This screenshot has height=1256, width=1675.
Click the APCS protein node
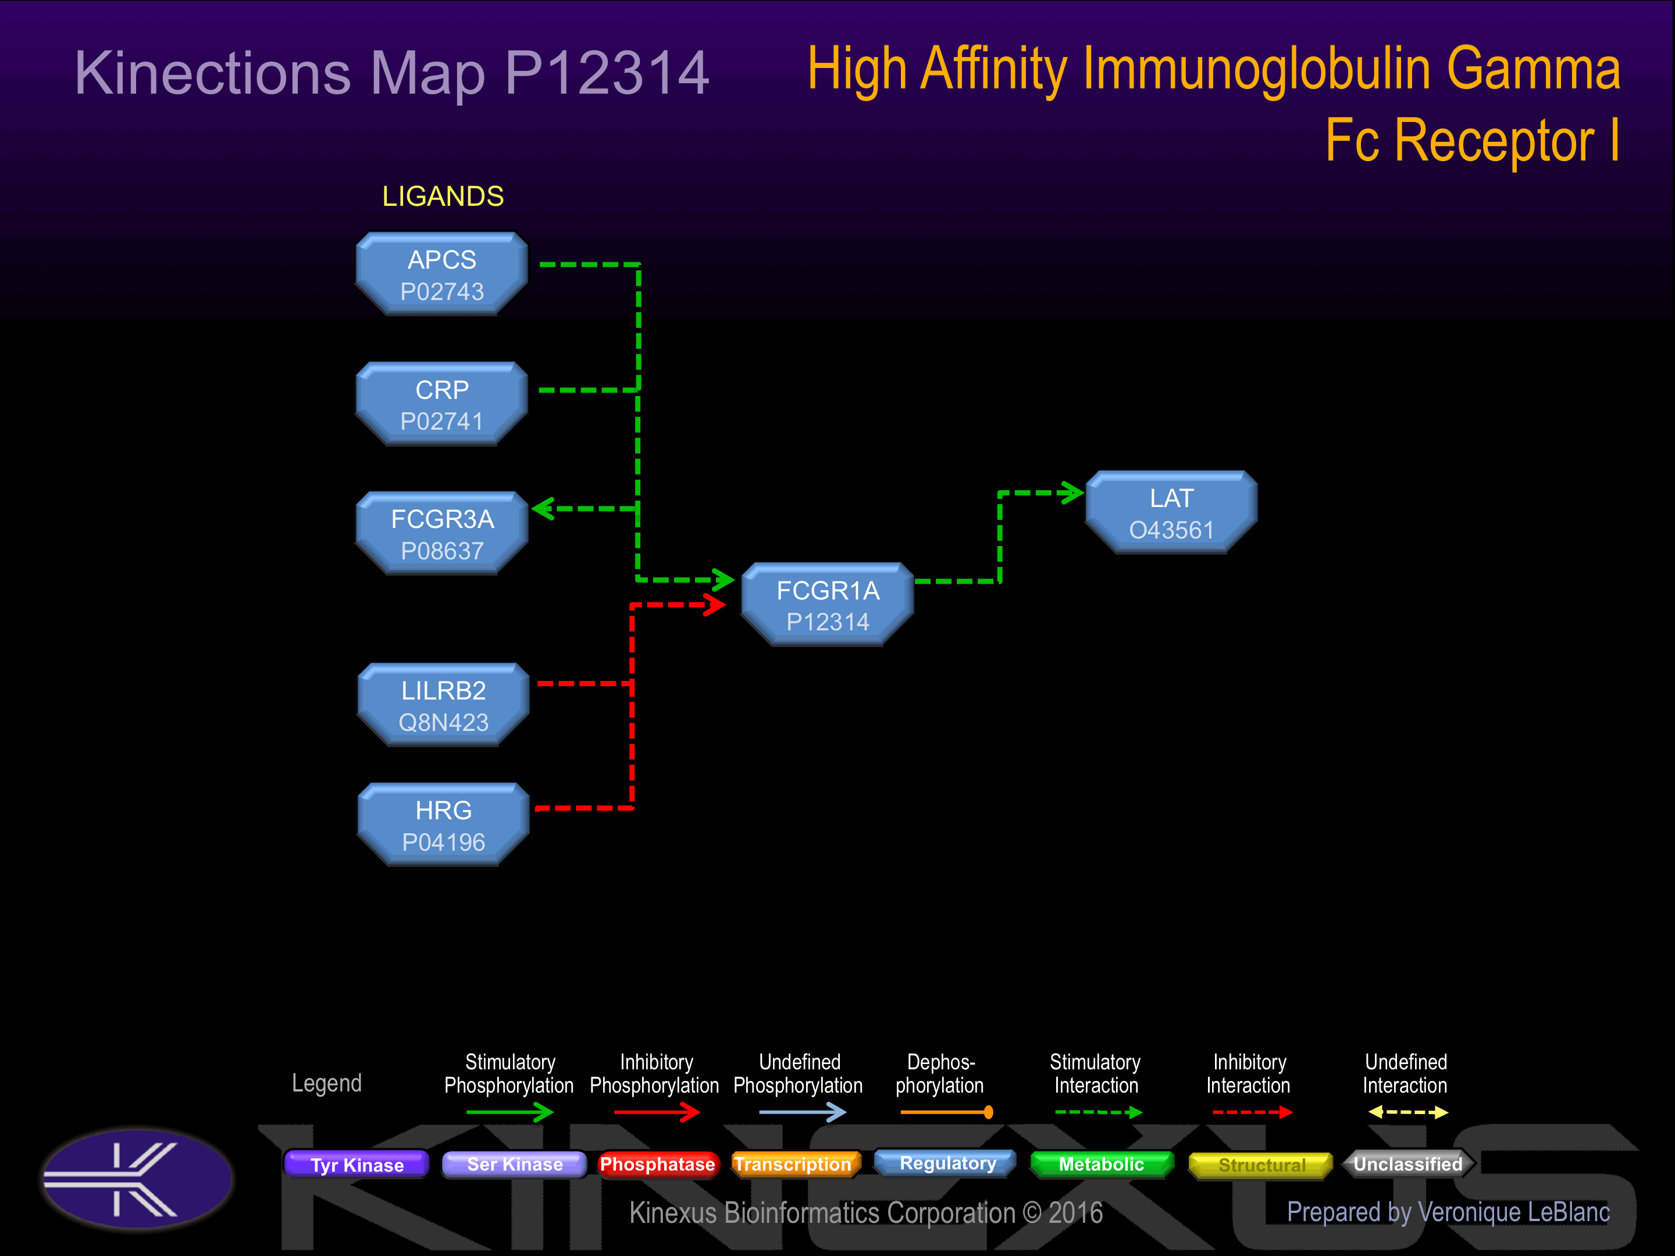pos(441,274)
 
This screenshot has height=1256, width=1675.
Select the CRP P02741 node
pos(441,404)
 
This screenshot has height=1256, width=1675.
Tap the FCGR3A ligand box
pos(441,534)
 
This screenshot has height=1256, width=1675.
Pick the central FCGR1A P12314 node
pos(828,605)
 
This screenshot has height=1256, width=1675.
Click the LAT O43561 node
pos(1171,512)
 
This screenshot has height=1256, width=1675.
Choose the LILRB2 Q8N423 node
pos(443,705)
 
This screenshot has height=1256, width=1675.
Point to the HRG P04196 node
pos(443,825)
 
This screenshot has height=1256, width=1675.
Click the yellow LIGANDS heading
pos(443,197)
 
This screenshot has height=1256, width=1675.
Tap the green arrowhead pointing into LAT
pos(1071,493)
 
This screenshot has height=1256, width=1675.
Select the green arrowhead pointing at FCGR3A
pos(544,508)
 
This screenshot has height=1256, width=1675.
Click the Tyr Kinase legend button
pos(357,1164)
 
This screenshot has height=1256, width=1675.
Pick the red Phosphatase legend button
pos(657,1164)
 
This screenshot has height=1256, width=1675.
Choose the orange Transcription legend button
pos(793,1164)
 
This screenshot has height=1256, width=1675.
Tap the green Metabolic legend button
pos(1101,1164)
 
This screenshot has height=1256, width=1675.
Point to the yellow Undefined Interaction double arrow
pos(1407,1112)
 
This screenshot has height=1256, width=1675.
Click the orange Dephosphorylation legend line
pos(946,1112)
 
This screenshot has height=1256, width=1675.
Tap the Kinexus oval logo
pos(137,1178)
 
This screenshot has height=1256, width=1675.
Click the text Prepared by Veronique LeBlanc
pos(1448,1212)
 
